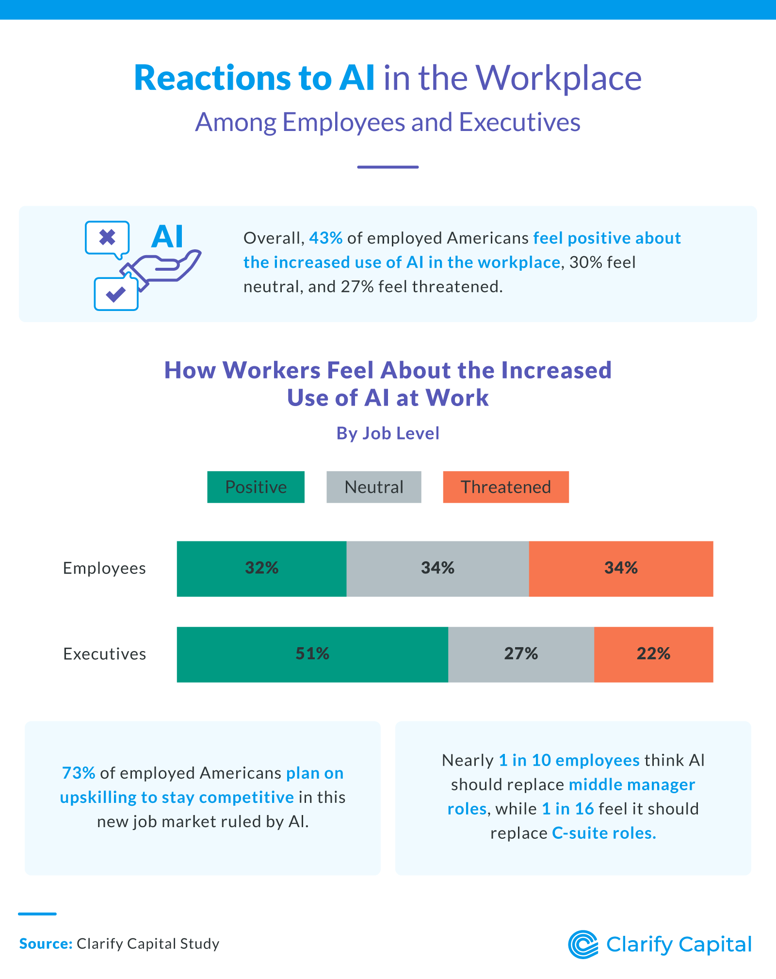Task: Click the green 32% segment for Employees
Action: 261,569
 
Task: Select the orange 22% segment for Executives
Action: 653,654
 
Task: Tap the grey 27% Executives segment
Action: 521,654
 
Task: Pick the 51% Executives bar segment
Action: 312,654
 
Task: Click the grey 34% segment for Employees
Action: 437,569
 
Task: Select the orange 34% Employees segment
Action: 621,569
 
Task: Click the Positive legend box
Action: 256,487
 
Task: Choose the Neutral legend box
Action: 373,487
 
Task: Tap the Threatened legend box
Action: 505,487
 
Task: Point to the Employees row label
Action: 104,568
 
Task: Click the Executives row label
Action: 104,654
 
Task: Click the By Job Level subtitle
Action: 388,433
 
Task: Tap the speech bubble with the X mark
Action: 107,238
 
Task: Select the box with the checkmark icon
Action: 116,294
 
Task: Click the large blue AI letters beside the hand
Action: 167,237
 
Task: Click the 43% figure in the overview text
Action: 325,238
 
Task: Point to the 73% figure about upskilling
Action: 79,773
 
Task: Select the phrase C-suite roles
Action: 604,833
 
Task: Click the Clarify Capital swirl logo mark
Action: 582,945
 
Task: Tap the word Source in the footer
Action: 46,944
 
